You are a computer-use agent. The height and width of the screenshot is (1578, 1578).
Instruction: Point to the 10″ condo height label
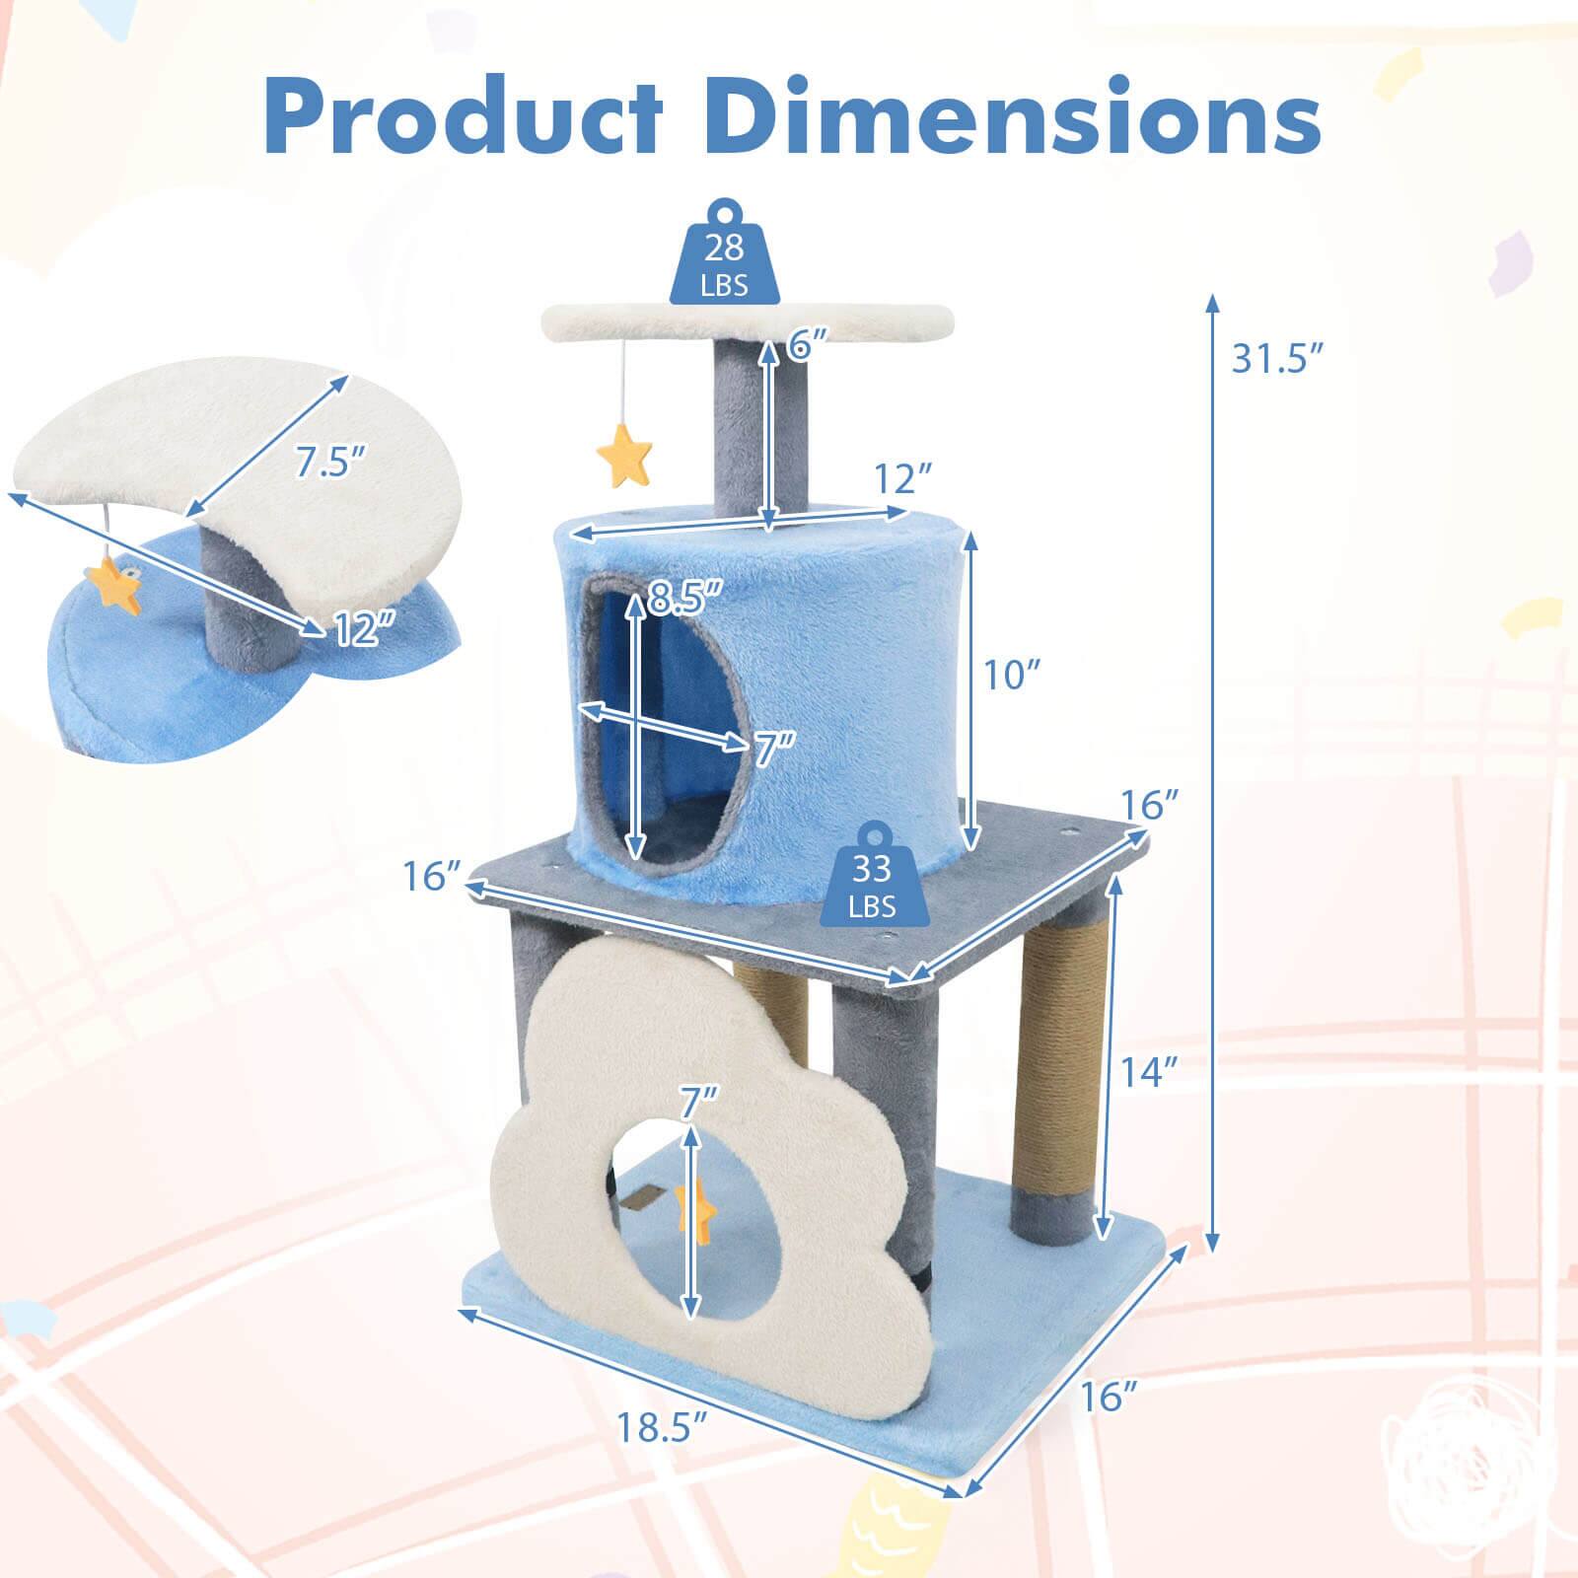coord(1012,677)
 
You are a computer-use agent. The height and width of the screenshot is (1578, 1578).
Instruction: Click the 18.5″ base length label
coord(662,1426)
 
